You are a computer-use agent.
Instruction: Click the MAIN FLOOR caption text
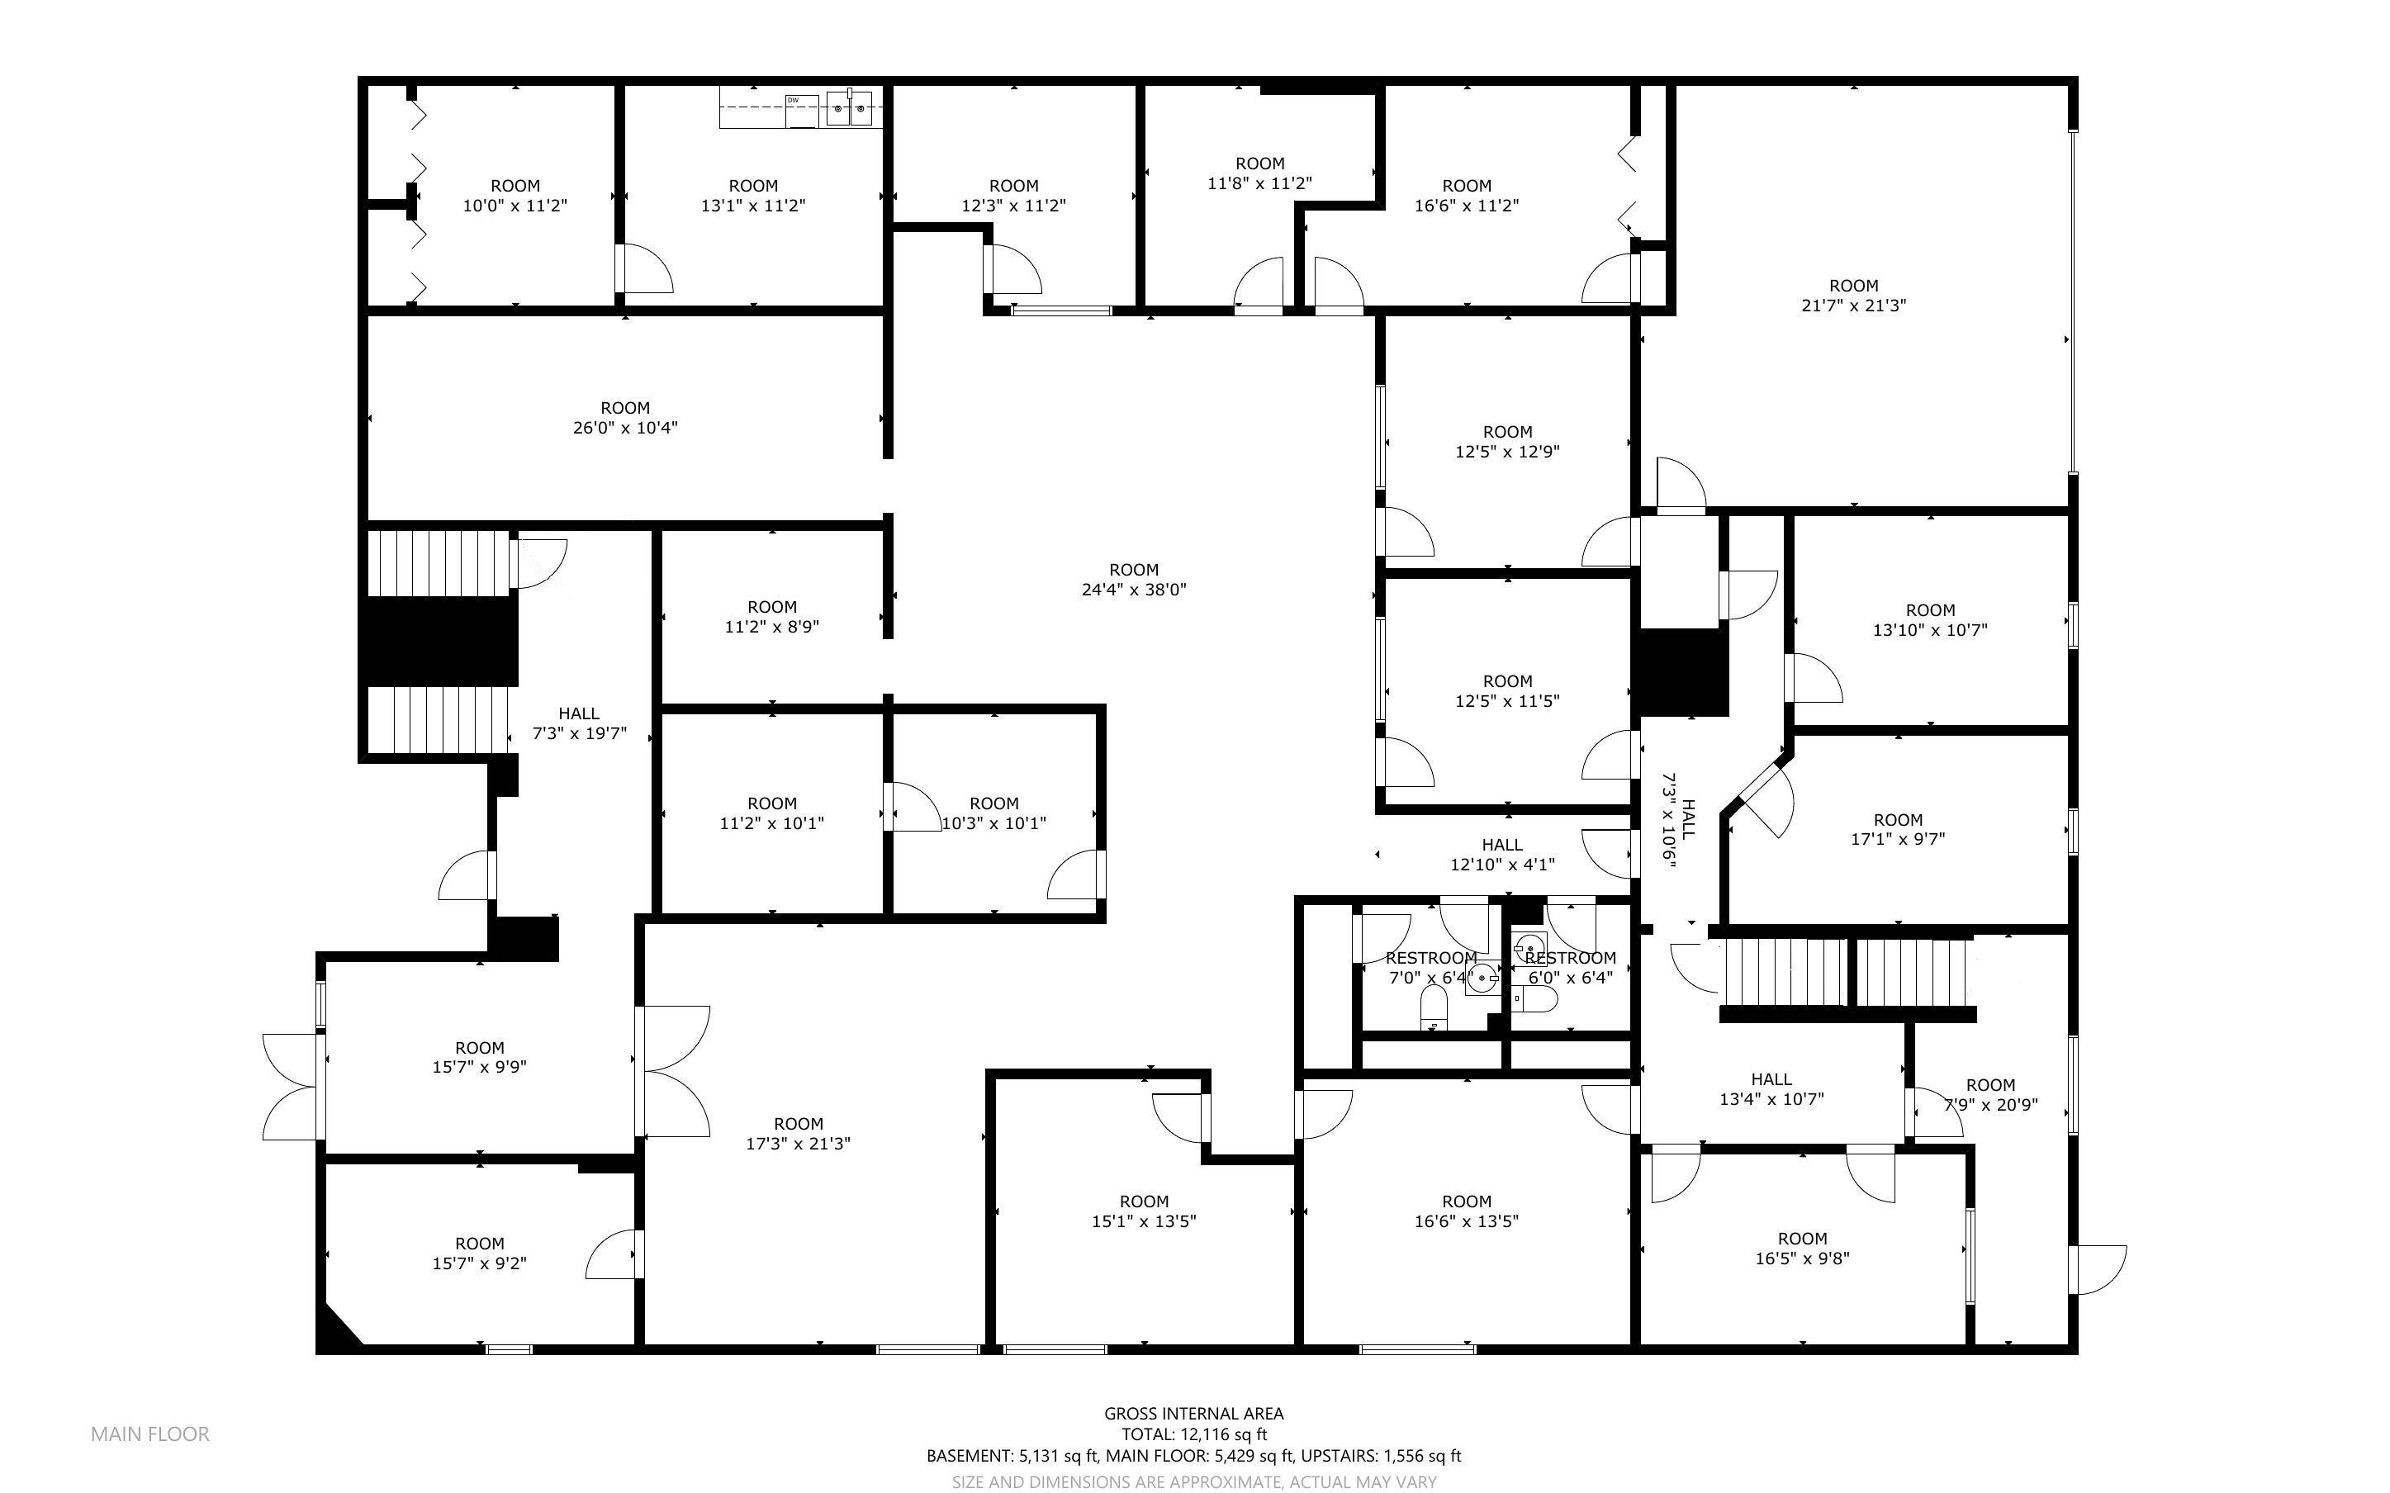tap(150, 1434)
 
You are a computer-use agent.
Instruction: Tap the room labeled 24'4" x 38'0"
tap(1133, 580)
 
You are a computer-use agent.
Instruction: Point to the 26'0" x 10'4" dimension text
tap(625, 428)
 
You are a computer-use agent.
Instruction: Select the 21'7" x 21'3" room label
tap(1853, 296)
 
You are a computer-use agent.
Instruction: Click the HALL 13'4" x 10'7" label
tap(1771, 1089)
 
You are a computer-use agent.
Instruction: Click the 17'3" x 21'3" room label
tap(798, 1134)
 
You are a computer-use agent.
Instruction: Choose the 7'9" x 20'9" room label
tap(1990, 1095)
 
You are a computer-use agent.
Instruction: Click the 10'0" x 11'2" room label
tap(515, 196)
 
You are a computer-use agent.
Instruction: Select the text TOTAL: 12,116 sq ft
tap(1193, 1434)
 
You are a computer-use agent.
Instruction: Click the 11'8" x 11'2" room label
tap(1259, 173)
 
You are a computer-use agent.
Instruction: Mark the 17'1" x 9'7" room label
tap(1898, 829)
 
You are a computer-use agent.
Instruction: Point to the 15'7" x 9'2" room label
tap(480, 1253)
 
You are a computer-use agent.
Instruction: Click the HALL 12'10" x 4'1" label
tap(1501, 854)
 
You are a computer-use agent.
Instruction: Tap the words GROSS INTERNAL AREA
tap(1193, 1413)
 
